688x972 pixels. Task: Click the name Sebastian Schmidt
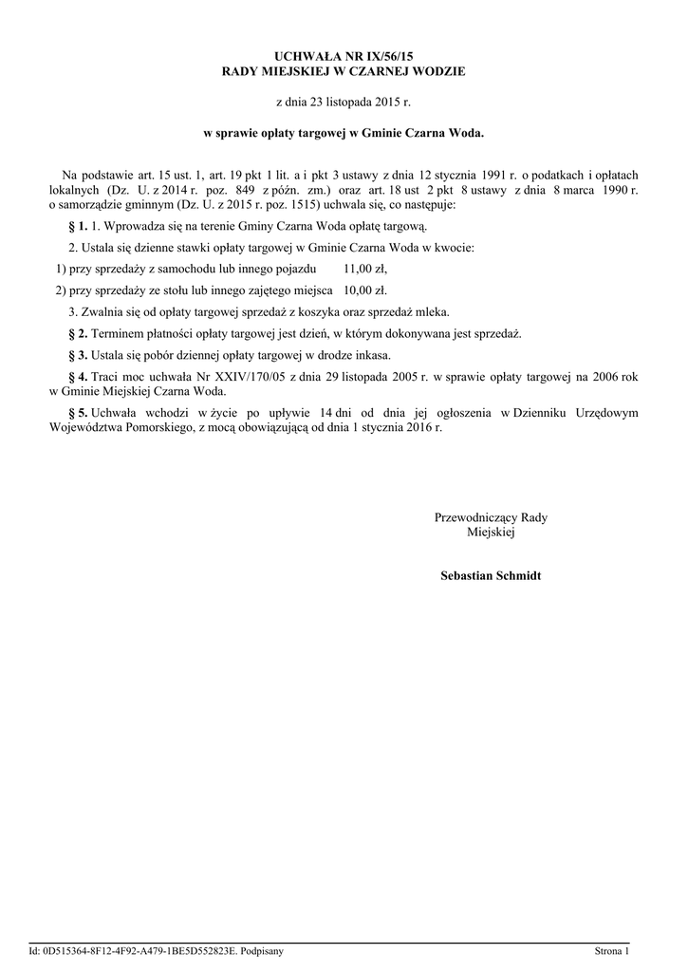491,576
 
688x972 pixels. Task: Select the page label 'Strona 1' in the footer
611,950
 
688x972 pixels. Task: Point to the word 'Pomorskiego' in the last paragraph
158,427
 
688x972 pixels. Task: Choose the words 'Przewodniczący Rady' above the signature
491,517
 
